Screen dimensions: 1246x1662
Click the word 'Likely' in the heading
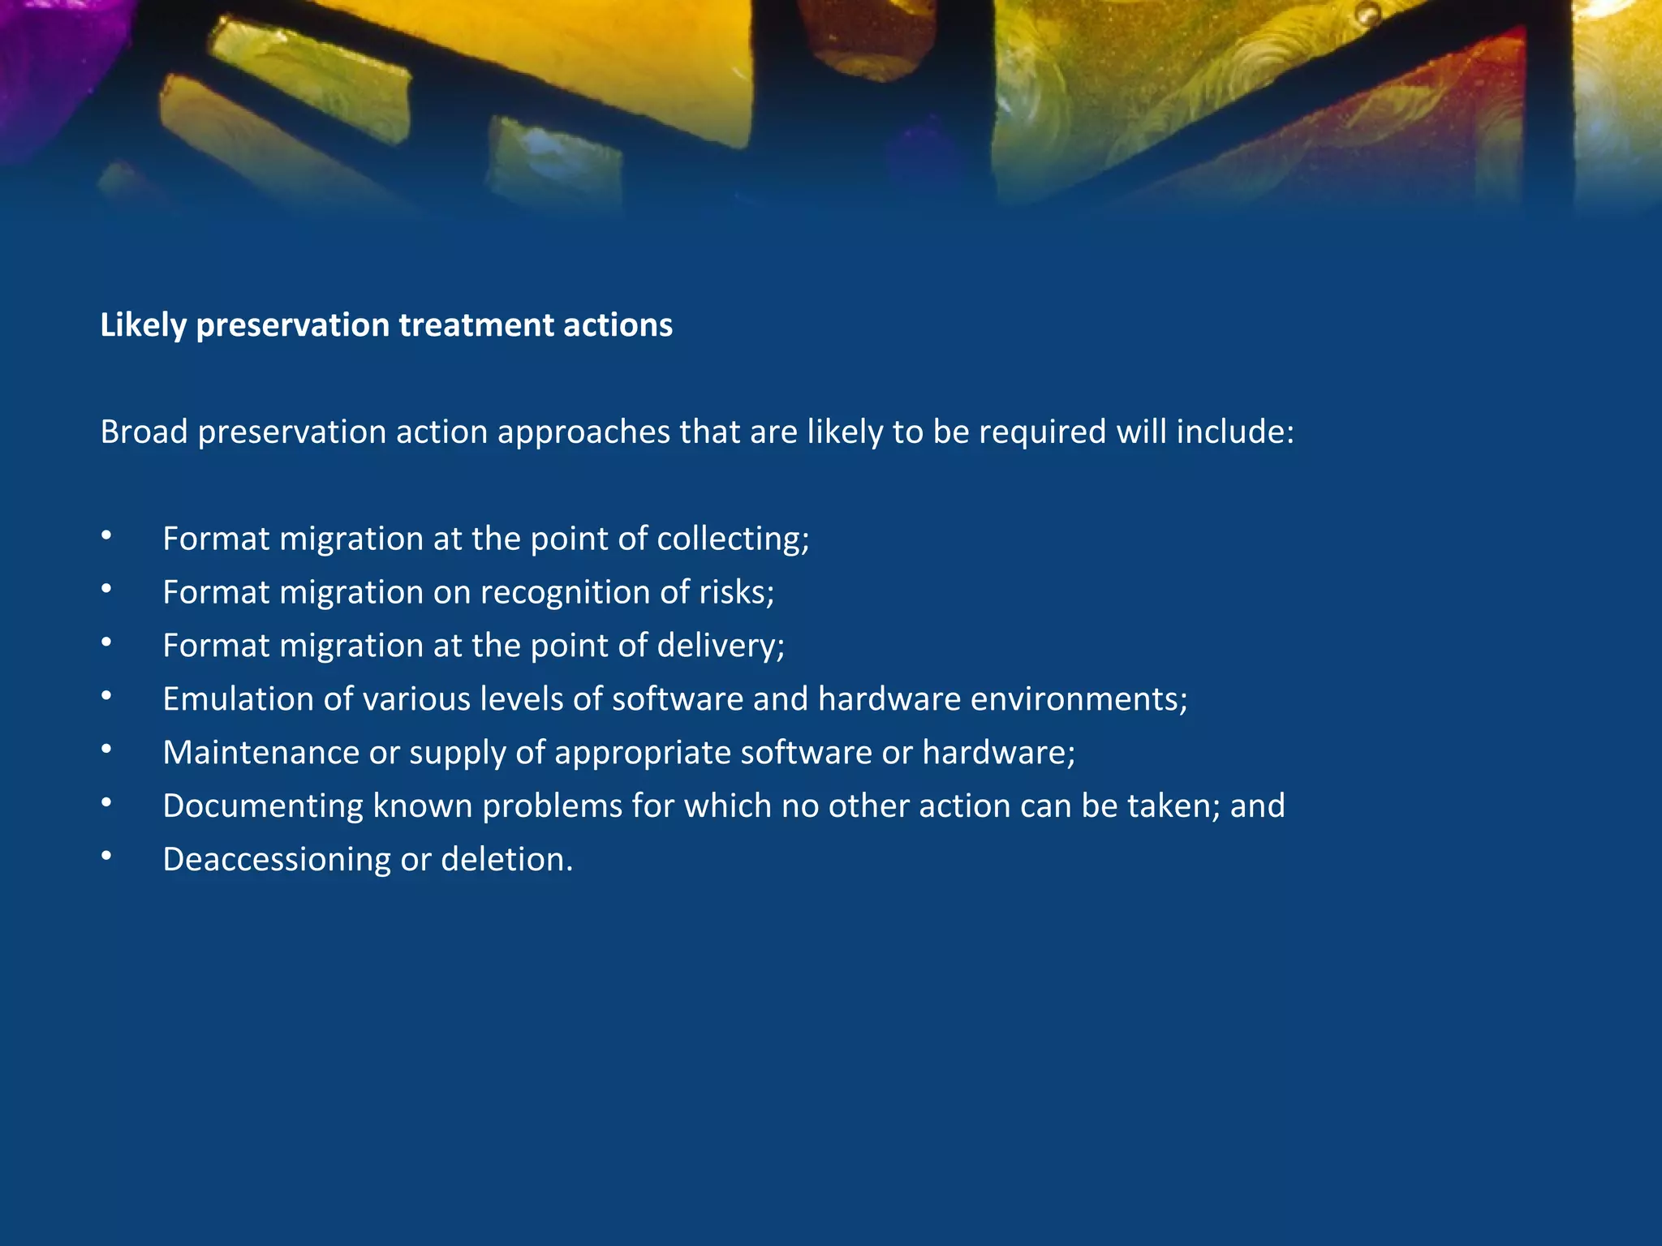pyautogui.click(x=144, y=325)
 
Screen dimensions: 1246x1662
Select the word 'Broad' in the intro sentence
pyautogui.click(x=144, y=432)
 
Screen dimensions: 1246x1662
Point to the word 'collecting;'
pyautogui.click(x=733, y=539)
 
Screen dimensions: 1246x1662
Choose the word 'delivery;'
pyautogui.click(x=721, y=646)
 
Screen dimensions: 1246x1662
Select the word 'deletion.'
pyautogui.click(x=506, y=860)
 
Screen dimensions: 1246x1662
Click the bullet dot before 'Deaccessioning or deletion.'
pyautogui.click(x=106, y=857)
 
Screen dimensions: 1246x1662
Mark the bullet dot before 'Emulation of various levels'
pyautogui.click(x=106, y=696)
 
